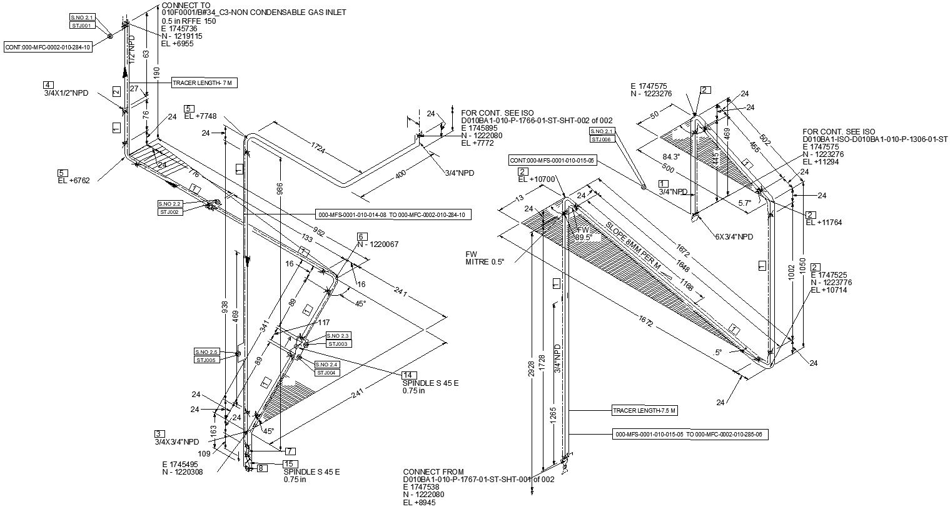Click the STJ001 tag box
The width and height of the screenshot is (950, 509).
pyautogui.click(x=81, y=26)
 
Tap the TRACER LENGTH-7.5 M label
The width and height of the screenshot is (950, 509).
pyautogui.click(x=644, y=411)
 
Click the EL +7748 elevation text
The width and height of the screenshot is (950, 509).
pyautogui.click(x=200, y=116)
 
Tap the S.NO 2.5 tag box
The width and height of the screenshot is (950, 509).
pyautogui.click(x=206, y=352)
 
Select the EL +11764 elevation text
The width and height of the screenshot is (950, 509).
pyautogui.click(x=823, y=223)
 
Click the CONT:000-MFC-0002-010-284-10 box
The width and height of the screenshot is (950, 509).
pyautogui.click(x=48, y=47)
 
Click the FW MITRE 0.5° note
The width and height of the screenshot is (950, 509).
pyautogui.click(x=484, y=258)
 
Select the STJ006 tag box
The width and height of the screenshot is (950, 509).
pyautogui.click(x=602, y=139)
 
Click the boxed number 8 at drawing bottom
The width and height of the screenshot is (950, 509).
pyautogui.click(x=261, y=468)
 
